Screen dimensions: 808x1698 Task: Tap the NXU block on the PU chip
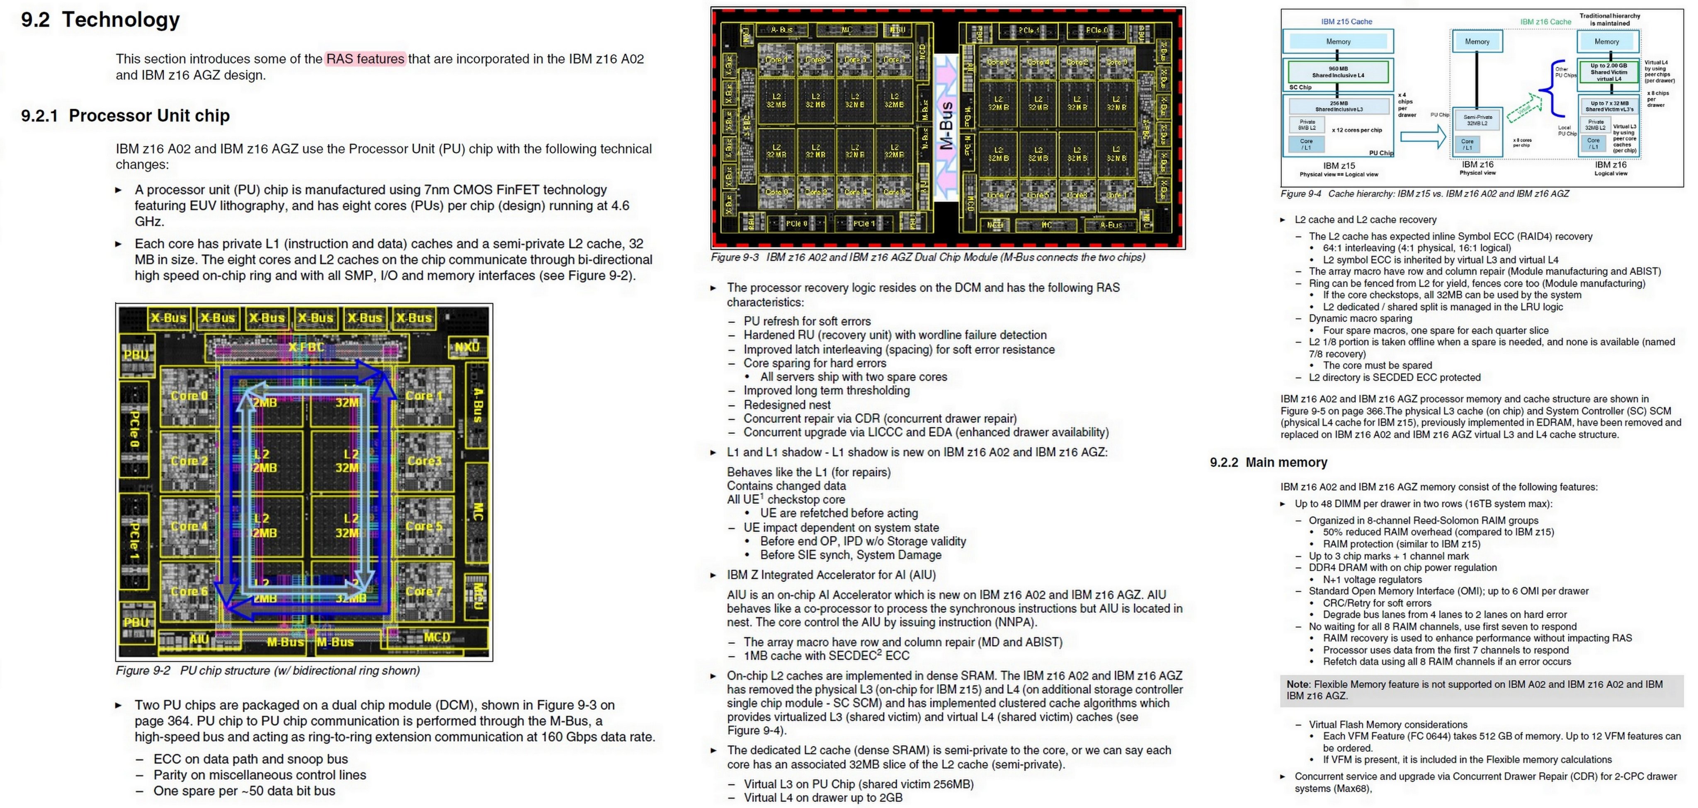pyautogui.click(x=467, y=347)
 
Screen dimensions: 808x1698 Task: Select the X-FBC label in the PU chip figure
pyautogui.click(x=306, y=347)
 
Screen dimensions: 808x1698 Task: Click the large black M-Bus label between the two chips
pyautogui.click(x=946, y=125)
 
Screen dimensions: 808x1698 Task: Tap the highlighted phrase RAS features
pyautogui.click(x=365, y=59)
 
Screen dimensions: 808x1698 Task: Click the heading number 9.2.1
pyautogui.click(x=39, y=116)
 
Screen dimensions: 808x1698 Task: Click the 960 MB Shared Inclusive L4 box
pyautogui.click(x=1338, y=72)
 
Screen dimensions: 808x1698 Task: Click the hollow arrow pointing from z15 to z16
pyautogui.click(x=1422, y=136)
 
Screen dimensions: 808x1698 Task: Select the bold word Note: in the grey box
pyautogui.click(x=1298, y=684)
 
